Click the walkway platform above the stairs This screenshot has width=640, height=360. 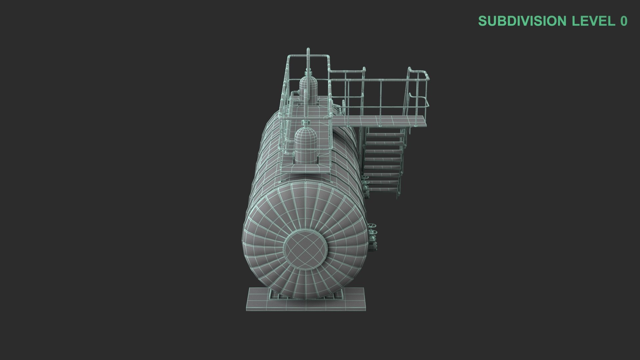pyautogui.click(x=380, y=121)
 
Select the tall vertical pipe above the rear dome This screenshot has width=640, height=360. pyautogui.click(x=75, y=60)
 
